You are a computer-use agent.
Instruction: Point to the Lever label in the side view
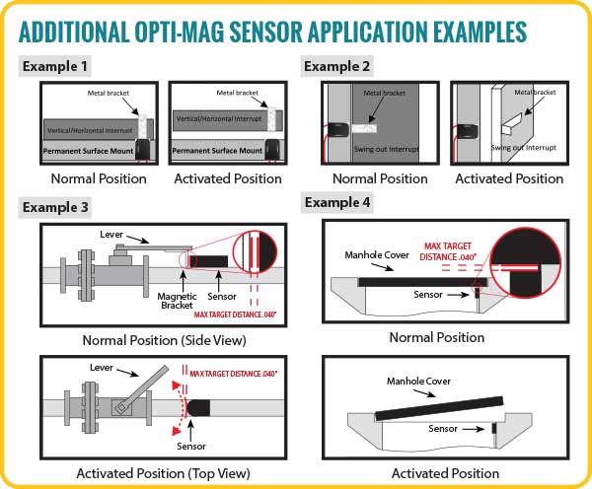click(112, 234)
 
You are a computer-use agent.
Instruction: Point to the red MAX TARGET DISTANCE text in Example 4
click(451, 250)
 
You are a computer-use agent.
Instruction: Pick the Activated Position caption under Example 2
click(509, 179)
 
